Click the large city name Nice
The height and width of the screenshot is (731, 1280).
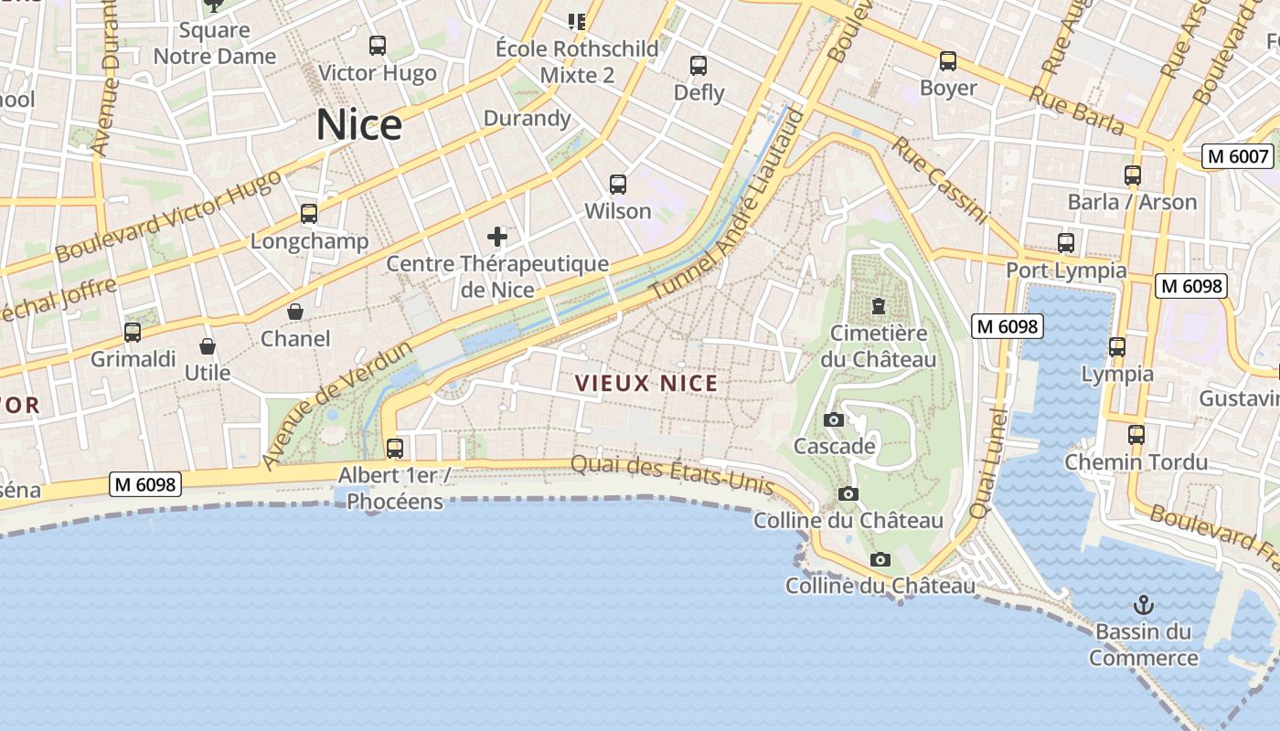pos(359,125)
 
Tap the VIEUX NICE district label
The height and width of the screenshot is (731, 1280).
pos(646,383)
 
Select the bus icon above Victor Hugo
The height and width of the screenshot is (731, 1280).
pos(377,46)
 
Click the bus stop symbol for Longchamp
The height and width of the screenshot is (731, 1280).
pos(309,214)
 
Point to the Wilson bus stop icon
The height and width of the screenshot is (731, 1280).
pos(618,185)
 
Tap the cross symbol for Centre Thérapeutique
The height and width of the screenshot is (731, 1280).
pos(497,238)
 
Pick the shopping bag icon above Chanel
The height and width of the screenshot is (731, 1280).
pos(295,312)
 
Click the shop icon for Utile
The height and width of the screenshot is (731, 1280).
pos(208,346)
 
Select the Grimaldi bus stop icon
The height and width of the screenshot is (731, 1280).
pos(133,333)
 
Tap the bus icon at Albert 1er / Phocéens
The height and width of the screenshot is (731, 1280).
pos(395,449)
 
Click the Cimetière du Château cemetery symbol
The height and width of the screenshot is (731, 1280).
pos(879,305)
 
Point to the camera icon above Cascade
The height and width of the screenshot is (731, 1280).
pos(834,419)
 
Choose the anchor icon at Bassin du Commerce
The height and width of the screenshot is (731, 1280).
pos(1143,605)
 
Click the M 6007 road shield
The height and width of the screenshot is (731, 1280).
pos(1239,156)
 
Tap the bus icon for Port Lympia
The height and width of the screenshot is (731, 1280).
pos(1066,243)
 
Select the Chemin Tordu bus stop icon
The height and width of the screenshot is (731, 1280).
pos(1136,435)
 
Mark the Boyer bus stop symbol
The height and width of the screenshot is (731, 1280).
pos(948,61)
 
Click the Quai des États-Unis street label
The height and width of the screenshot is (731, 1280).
pos(672,473)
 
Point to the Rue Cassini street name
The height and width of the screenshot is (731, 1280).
pos(940,181)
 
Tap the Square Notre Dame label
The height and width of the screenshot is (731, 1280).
pos(214,43)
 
